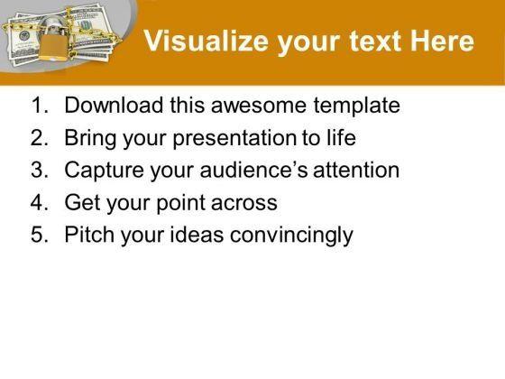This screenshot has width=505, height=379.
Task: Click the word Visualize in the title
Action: (x=207, y=41)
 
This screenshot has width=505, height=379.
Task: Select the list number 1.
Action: (x=40, y=105)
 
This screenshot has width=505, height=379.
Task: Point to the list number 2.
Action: (x=40, y=137)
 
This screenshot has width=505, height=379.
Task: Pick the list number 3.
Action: (x=40, y=170)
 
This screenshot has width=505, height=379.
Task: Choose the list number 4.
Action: (x=40, y=202)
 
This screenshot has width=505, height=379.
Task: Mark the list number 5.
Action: (x=40, y=235)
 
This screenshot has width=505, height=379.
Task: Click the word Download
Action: (x=114, y=105)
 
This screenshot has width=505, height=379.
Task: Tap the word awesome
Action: (x=259, y=106)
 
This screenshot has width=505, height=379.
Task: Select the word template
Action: (x=356, y=106)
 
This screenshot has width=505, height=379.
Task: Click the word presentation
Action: (x=234, y=139)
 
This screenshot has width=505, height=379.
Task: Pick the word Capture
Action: (x=104, y=171)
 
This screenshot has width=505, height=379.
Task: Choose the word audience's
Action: (x=253, y=170)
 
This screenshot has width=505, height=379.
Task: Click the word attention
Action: (x=356, y=170)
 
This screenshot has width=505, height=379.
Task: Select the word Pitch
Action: (x=89, y=234)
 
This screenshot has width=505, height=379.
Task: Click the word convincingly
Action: (x=291, y=236)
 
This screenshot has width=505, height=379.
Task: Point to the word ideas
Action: (x=197, y=235)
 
